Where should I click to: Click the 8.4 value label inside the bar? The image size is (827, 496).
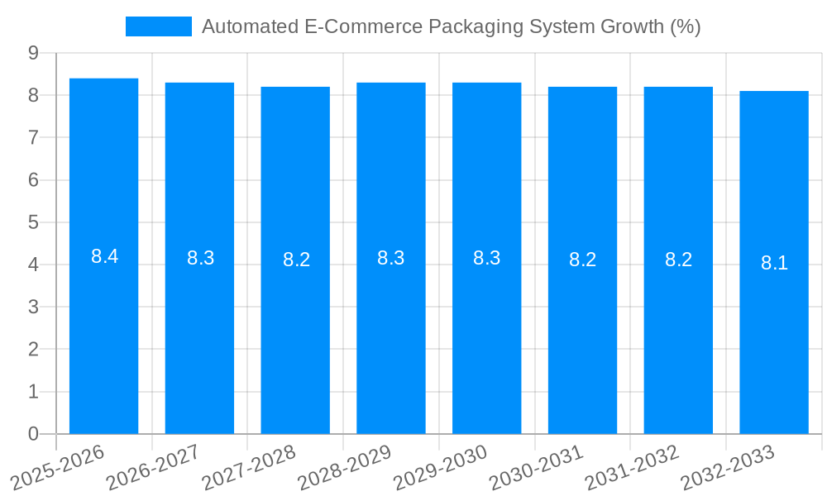tap(105, 256)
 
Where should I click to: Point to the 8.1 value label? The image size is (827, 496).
tap(775, 263)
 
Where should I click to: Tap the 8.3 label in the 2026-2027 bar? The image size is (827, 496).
tap(200, 258)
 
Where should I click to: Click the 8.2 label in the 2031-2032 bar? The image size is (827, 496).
tap(678, 260)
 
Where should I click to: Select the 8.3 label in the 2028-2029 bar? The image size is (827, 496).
tap(391, 258)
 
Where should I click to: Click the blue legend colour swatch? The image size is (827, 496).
tap(158, 26)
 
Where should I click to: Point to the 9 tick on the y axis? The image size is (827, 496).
tap(33, 53)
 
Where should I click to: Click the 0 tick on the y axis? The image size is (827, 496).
tap(33, 434)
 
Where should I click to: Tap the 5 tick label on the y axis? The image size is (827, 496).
tap(33, 222)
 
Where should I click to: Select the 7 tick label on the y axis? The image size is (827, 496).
tap(33, 137)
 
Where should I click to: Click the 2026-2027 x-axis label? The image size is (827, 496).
tap(155, 467)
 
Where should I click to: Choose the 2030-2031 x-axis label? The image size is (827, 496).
tap(538, 467)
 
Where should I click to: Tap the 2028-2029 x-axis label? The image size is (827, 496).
tap(347, 467)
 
